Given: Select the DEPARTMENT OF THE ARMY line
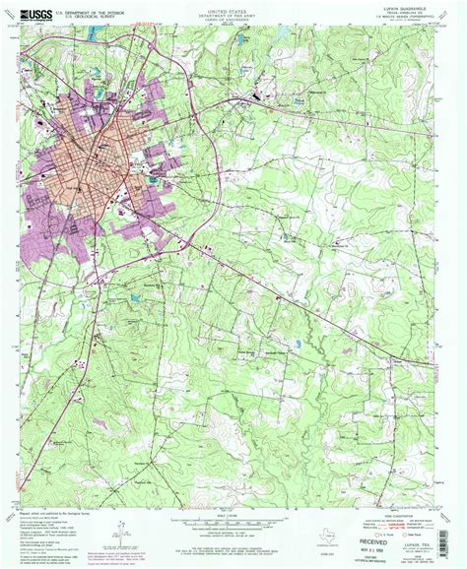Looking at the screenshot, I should click(233, 13).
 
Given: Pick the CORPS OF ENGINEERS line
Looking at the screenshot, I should click(233, 18).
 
